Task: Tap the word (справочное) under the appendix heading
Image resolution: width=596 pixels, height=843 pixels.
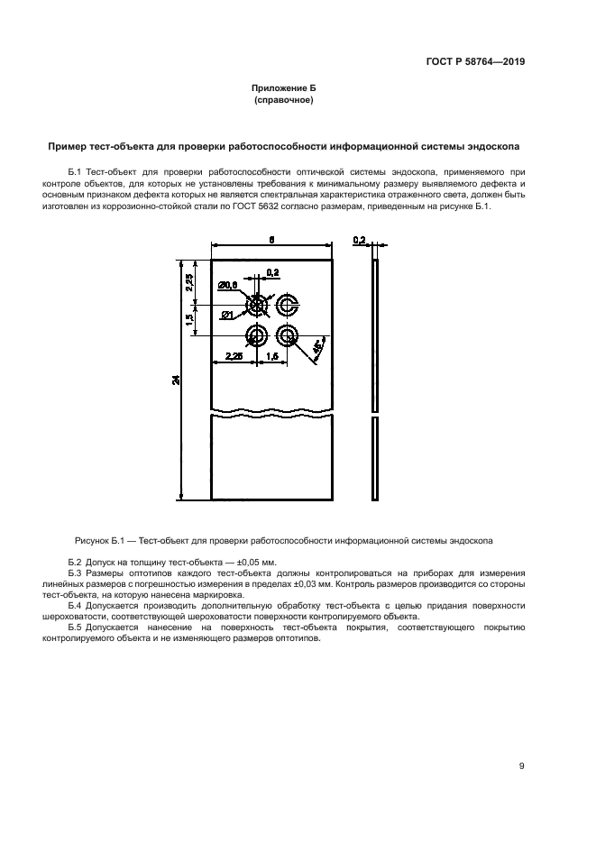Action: tap(284, 101)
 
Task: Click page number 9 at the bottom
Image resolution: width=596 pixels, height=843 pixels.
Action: tap(522, 766)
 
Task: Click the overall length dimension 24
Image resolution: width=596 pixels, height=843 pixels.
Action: tap(177, 380)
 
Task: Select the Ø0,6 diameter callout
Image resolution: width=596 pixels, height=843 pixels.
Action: tap(228, 285)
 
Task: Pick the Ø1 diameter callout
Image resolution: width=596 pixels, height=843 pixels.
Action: tap(227, 314)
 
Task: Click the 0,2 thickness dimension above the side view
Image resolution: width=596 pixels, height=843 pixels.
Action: tap(359, 240)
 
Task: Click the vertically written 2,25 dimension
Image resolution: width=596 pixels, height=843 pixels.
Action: tap(190, 280)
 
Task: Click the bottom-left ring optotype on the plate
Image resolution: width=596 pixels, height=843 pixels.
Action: tap(257, 336)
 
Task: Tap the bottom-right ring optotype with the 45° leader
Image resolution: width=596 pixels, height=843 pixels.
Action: tap(288, 336)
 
